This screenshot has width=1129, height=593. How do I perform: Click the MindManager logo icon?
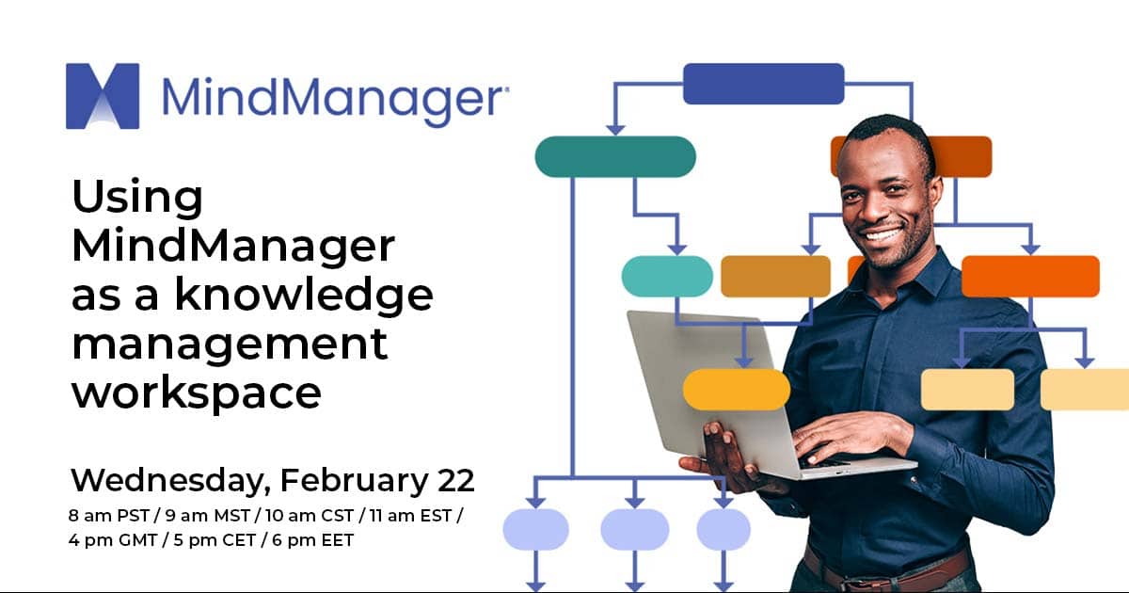pos(103,96)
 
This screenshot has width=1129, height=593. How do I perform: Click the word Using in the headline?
pos(137,199)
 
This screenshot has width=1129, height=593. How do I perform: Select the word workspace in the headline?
pos(197,392)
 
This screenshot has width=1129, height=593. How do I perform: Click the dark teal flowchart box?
pos(615,157)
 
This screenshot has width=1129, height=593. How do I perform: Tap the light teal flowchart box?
pos(667,276)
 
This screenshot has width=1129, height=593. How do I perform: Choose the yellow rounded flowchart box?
pos(736,389)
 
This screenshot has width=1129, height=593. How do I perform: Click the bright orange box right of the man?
pos(1029,276)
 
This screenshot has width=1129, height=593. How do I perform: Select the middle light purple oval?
pos(634,529)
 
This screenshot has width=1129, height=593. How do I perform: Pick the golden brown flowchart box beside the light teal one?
pos(775,276)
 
